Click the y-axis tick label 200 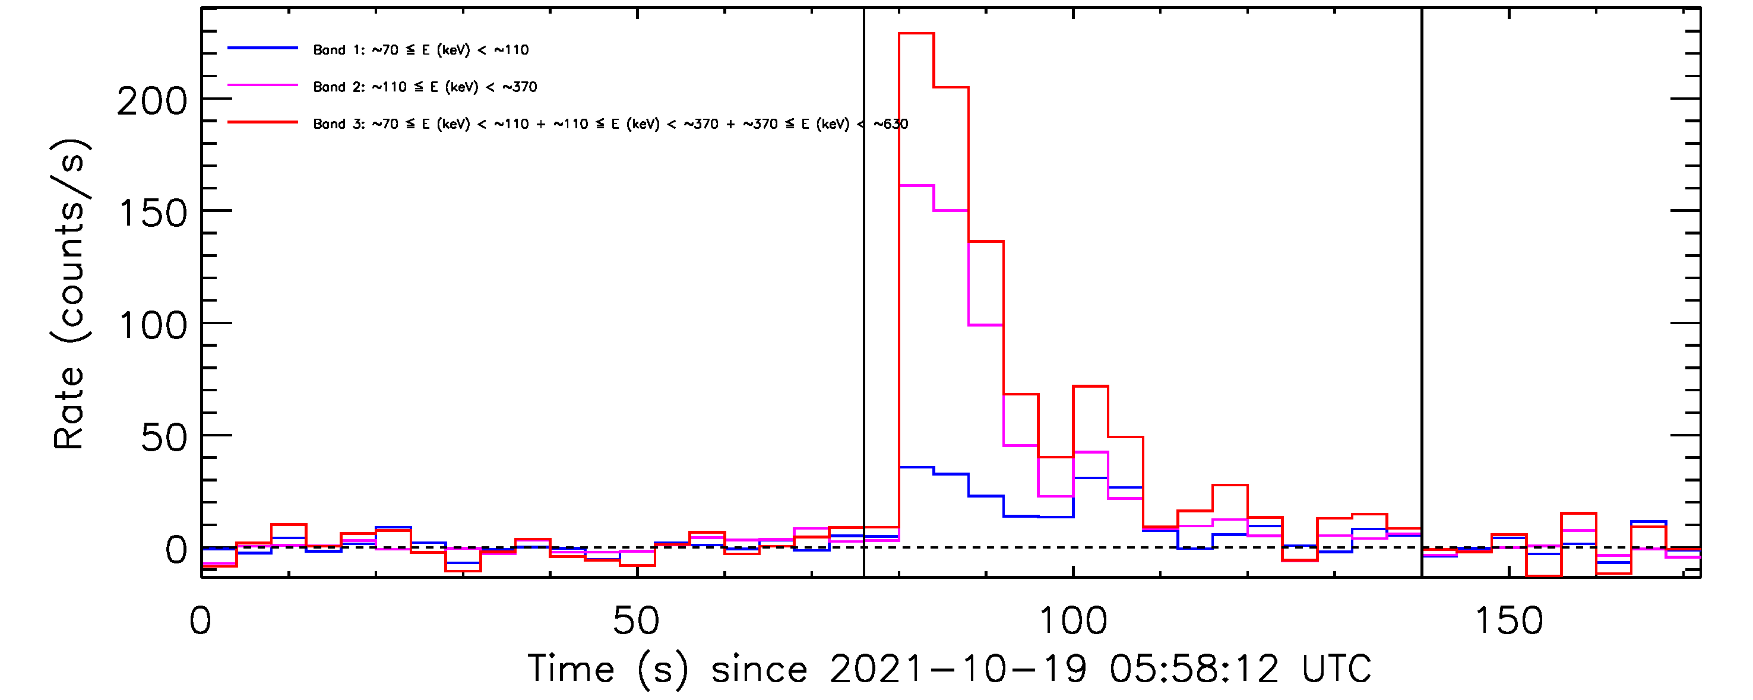coord(152,102)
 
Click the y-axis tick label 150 coord(153,214)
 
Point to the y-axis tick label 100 coord(153,326)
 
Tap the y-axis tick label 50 coord(163,438)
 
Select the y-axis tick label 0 coord(176,550)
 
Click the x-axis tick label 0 coord(200,621)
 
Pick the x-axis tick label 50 coord(635,621)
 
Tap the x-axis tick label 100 coord(1072,621)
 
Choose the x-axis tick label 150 coord(1509,621)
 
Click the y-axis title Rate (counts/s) coord(69,294)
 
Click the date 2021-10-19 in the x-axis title coord(958,669)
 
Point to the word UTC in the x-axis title coord(1337,669)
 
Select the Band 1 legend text coord(420,50)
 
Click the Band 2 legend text coord(425,87)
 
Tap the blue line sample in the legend coord(262,48)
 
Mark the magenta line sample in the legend coord(262,85)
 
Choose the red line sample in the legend coord(262,122)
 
